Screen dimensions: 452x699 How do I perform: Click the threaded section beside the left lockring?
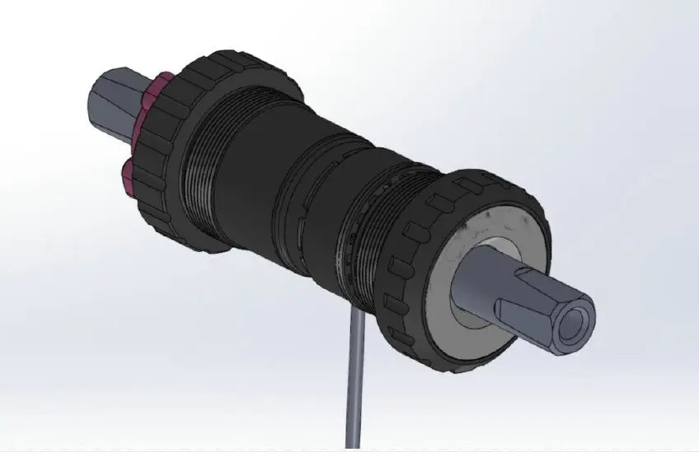click(202, 165)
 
